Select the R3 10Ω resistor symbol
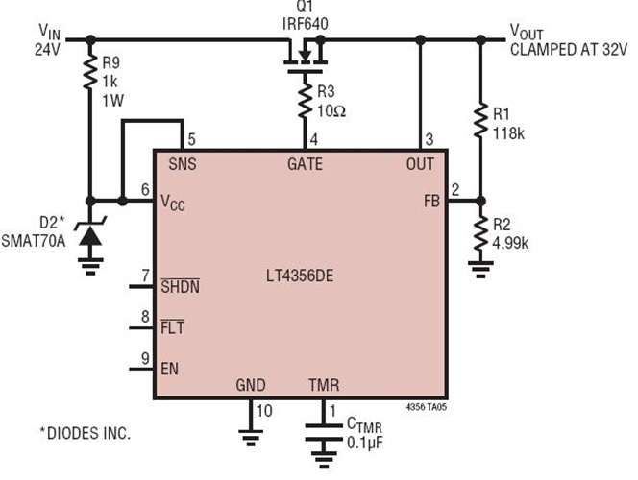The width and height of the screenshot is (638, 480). click(x=304, y=100)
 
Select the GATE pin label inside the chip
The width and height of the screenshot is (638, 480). click(x=305, y=164)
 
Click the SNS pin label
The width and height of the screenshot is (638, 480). click(x=182, y=164)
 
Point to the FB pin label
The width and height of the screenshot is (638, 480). click(x=429, y=202)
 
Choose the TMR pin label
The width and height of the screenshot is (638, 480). click(x=323, y=386)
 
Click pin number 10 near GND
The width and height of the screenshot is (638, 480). click(x=263, y=411)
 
